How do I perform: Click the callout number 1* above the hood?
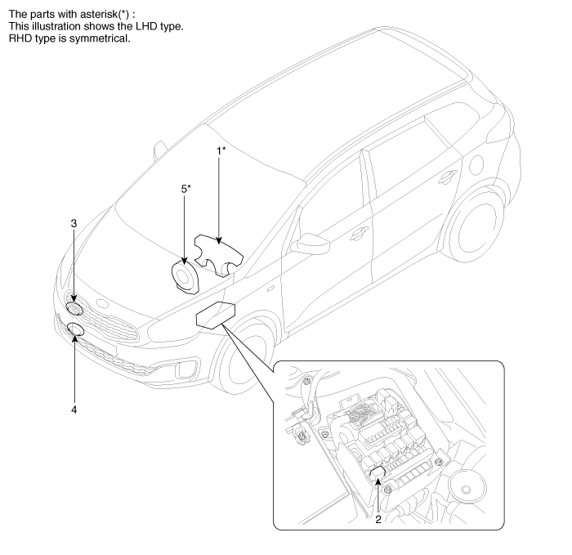pos(221,151)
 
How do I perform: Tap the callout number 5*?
pos(185,189)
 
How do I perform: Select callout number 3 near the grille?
pos(74,222)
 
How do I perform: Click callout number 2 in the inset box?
pos(378,517)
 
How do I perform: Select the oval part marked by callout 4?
pos(76,330)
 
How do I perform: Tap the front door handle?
pos(357,234)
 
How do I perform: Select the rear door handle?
pos(447,177)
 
